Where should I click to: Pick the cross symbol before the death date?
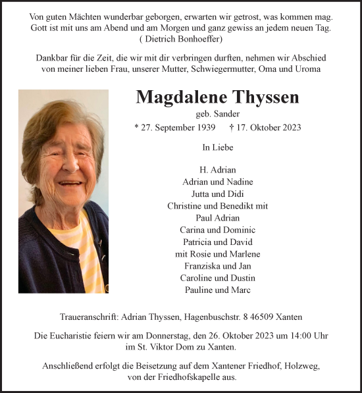[231, 127]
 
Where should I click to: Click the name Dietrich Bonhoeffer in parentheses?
[181, 39]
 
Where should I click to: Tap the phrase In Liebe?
[217, 148]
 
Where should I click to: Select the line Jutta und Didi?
[217, 194]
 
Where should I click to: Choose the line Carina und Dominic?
[217, 230]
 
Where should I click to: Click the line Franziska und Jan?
[217, 266]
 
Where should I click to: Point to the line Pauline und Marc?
[217, 290]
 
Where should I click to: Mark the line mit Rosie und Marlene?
[217, 254]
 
